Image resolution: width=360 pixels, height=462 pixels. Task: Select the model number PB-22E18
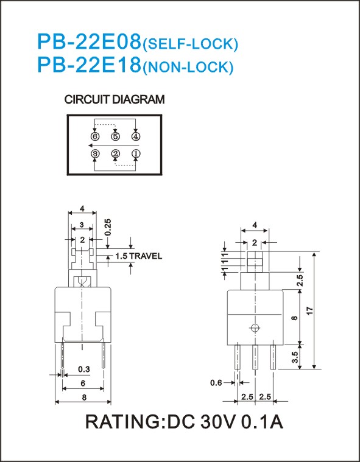pos(90,65)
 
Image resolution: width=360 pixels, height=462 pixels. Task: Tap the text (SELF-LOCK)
pos(190,44)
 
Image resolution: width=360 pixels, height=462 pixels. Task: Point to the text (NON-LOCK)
pos(188,68)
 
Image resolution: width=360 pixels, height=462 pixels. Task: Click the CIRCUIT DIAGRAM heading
pos(115,100)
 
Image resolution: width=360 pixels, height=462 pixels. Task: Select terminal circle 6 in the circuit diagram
pos(95,136)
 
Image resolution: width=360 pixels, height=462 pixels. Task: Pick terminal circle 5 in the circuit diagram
pos(115,136)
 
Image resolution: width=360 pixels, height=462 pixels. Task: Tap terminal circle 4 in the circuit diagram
pos(136,136)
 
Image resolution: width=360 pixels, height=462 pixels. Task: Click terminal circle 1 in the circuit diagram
pos(136,153)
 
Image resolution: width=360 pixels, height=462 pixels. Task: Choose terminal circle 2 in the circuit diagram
pos(115,153)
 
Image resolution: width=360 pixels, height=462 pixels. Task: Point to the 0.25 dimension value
pos(108,227)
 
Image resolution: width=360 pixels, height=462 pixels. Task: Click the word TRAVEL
pos(146,256)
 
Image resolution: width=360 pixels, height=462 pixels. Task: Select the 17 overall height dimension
pos(309,310)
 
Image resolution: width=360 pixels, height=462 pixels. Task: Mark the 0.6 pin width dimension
pos(216,383)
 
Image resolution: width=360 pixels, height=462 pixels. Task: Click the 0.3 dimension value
pos(84,369)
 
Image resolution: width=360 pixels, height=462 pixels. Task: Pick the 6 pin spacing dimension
pos(83,383)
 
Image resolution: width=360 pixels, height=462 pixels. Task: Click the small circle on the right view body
pos(255,327)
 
